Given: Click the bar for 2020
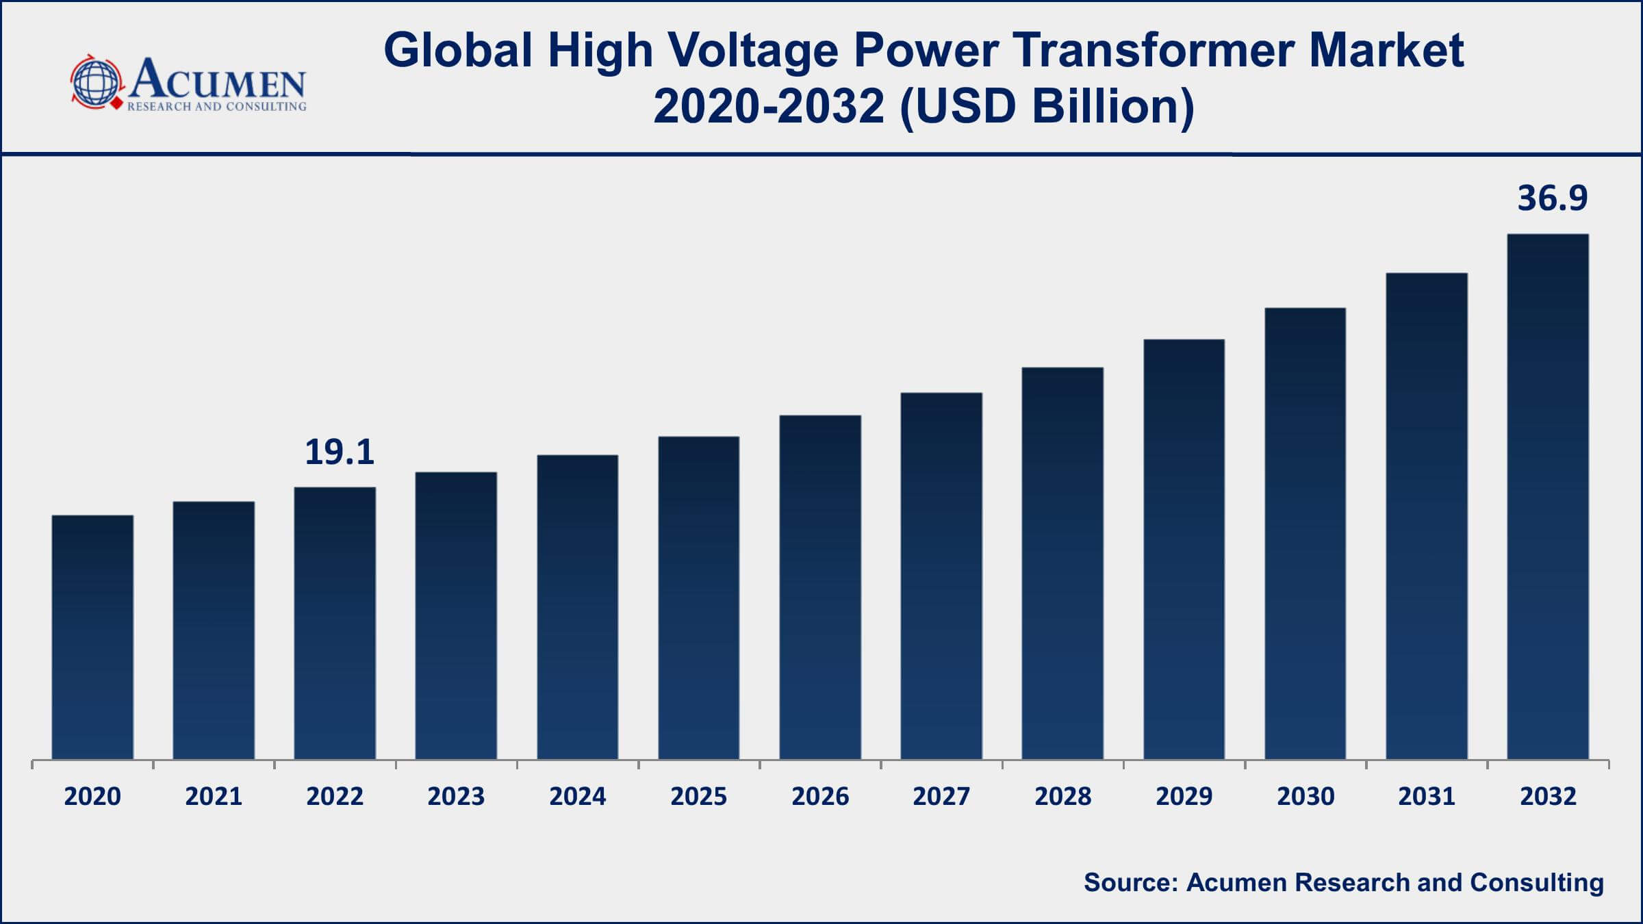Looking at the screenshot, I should click(92, 637).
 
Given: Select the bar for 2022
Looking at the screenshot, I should click(335, 623).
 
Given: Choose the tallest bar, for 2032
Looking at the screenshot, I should click(1548, 496).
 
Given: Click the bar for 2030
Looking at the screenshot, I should click(1305, 533).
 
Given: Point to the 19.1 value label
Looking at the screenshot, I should click(340, 452).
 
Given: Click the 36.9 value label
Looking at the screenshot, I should click(1552, 198).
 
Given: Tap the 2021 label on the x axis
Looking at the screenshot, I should click(214, 796).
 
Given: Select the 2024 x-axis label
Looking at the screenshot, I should click(577, 796).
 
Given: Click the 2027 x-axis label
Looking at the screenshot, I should click(941, 796).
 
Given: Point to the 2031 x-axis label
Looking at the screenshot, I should click(1427, 796).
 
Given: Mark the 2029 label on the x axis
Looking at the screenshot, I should click(1184, 796).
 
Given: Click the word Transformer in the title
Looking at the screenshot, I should click(1157, 51).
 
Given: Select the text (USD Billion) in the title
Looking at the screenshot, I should click(1047, 107).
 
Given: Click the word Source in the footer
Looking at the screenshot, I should click(1130, 882).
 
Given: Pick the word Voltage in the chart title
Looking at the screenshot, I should click(752, 51).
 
